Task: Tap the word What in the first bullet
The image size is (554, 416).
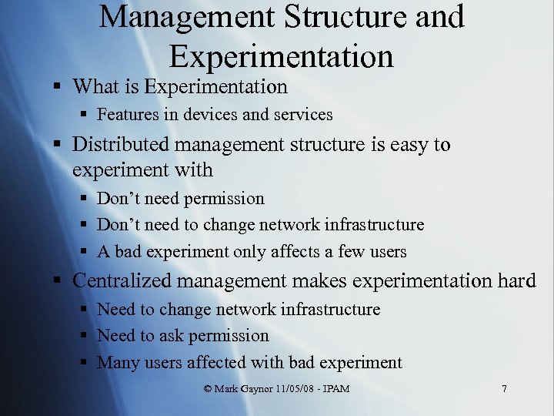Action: (x=98, y=87)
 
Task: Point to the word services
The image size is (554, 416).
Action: (x=302, y=115)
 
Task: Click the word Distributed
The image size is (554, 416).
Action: (x=123, y=144)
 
